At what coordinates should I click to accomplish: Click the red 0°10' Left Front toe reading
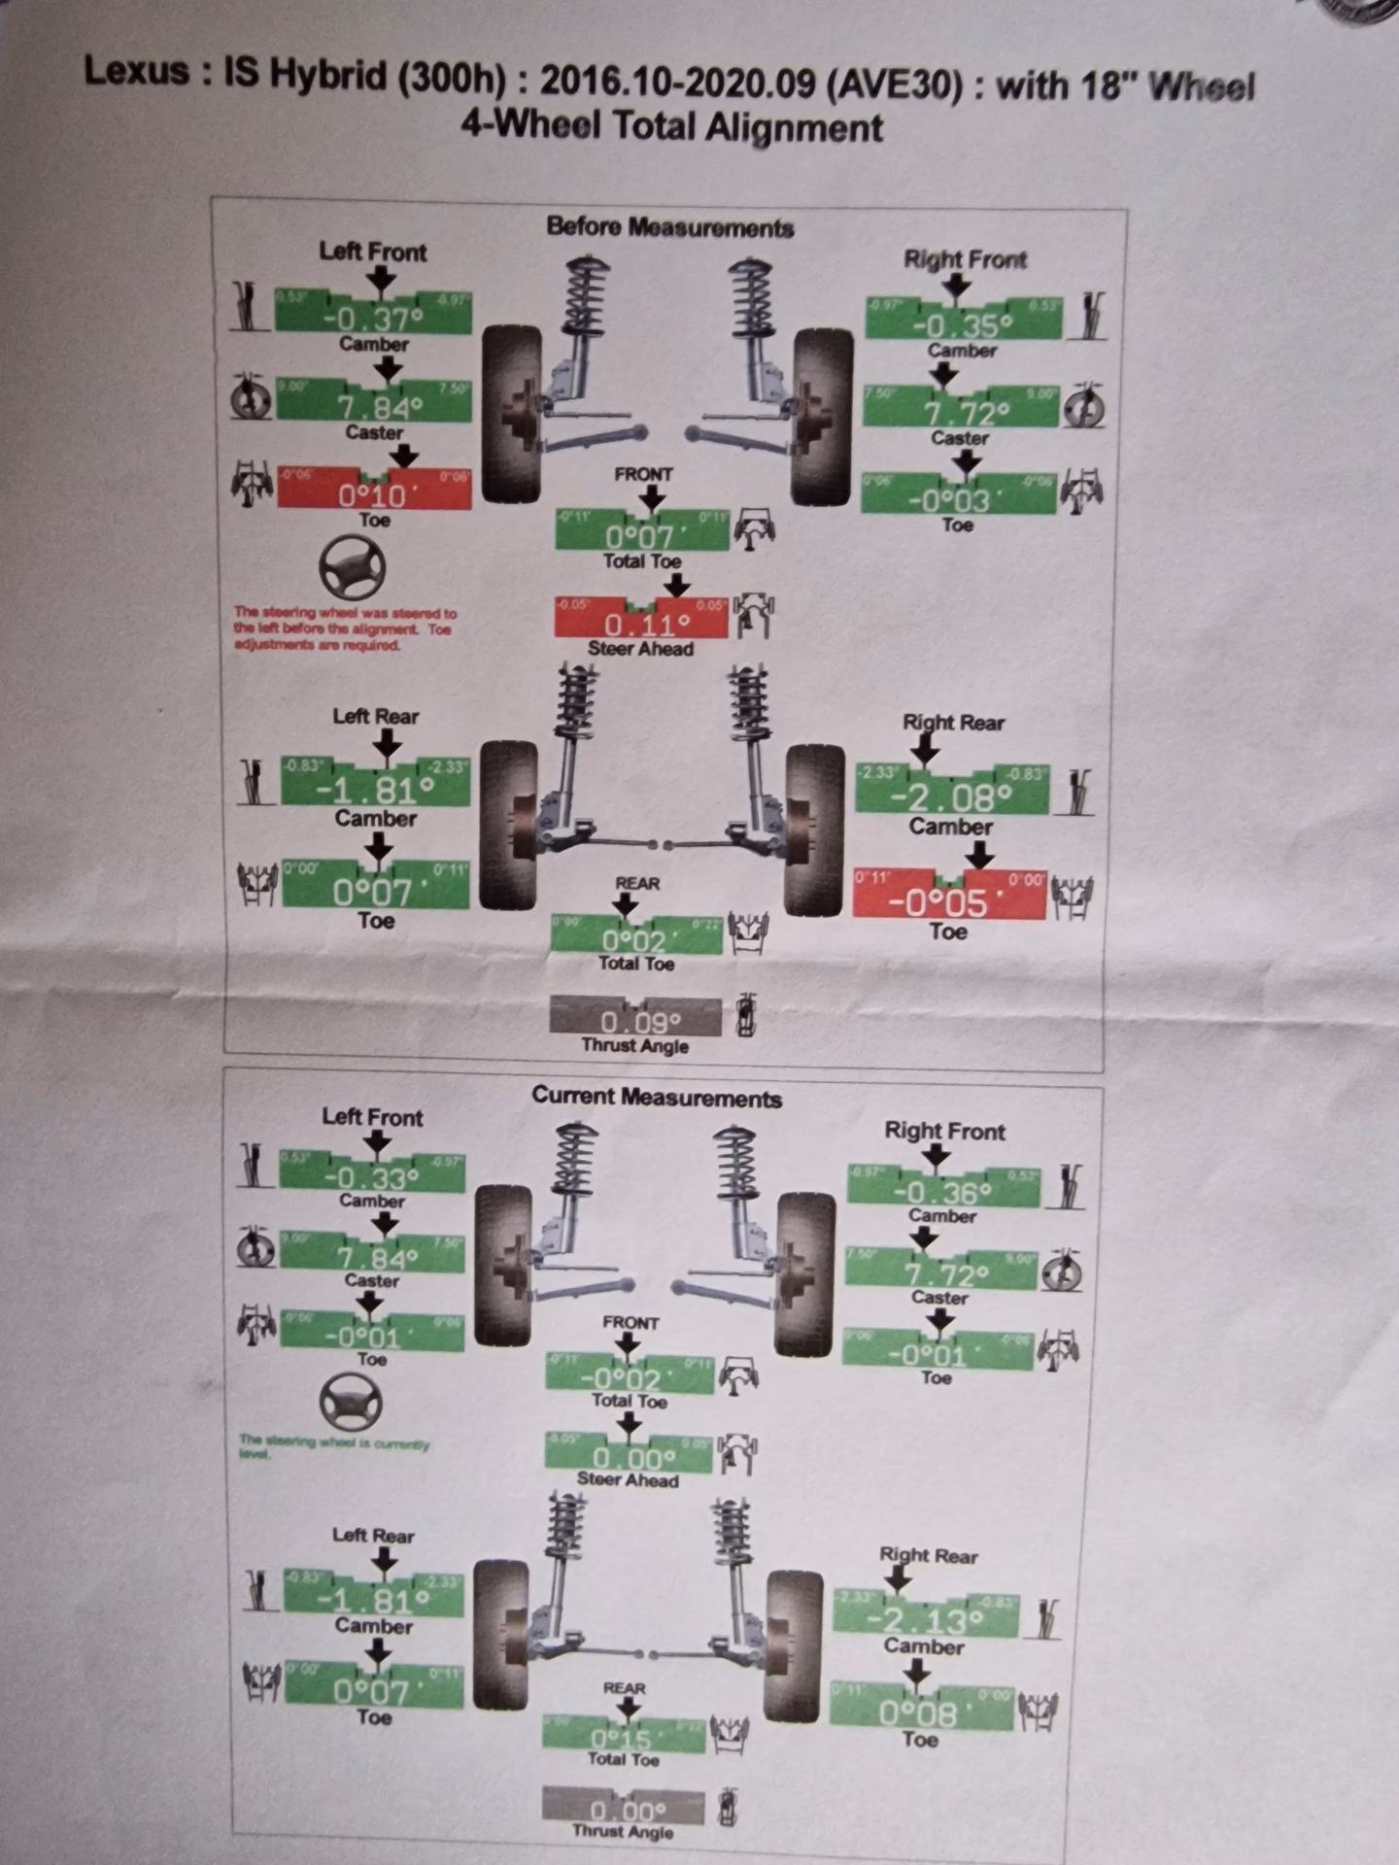pyautogui.click(x=374, y=494)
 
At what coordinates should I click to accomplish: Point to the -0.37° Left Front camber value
pyautogui.click(x=373, y=317)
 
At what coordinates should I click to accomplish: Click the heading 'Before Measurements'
pyautogui.click(x=670, y=227)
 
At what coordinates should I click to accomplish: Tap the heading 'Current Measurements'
pyautogui.click(x=657, y=1098)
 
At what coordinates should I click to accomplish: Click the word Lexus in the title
pyautogui.click(x=137, y=71)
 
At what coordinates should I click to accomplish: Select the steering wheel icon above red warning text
pyautogui.click(x=353, y=567)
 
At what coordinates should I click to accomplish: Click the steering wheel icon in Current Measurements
pyautogui.click(x=350, y=1403)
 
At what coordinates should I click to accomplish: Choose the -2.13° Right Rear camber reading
pyautogui.click(x=924, y=1619)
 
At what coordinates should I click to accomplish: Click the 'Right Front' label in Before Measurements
pyautogui.click(x=965, y=259)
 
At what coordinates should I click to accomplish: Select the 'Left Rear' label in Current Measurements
pyautogui.click(x=373, y=1536)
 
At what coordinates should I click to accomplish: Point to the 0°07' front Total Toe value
pyautogui.click(x=641, y=534)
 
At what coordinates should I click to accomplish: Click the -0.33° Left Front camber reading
pyautogui.click(x=371, y=1177)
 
